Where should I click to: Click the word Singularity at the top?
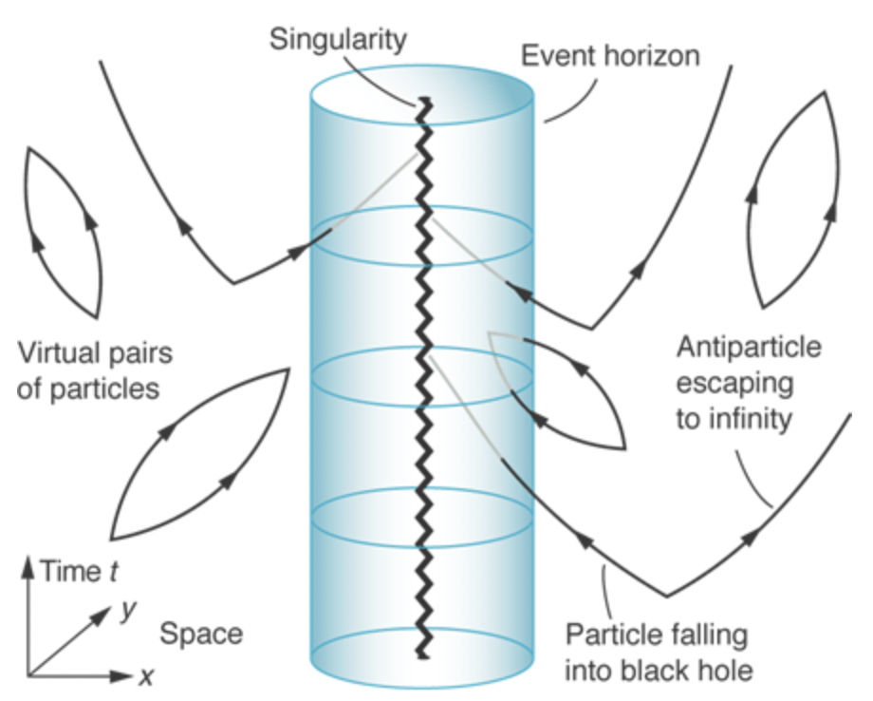pos(338,39)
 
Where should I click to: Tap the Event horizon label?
pos(609,56)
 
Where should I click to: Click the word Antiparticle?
pos(749,348)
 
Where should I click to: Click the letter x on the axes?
pos(145,676)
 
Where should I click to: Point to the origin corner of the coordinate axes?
pos(28,676)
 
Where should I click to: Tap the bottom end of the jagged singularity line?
pos(419,655)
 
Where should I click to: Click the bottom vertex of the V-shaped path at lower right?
pos(666,597)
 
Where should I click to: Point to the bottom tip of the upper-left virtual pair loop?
pos(96,316)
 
